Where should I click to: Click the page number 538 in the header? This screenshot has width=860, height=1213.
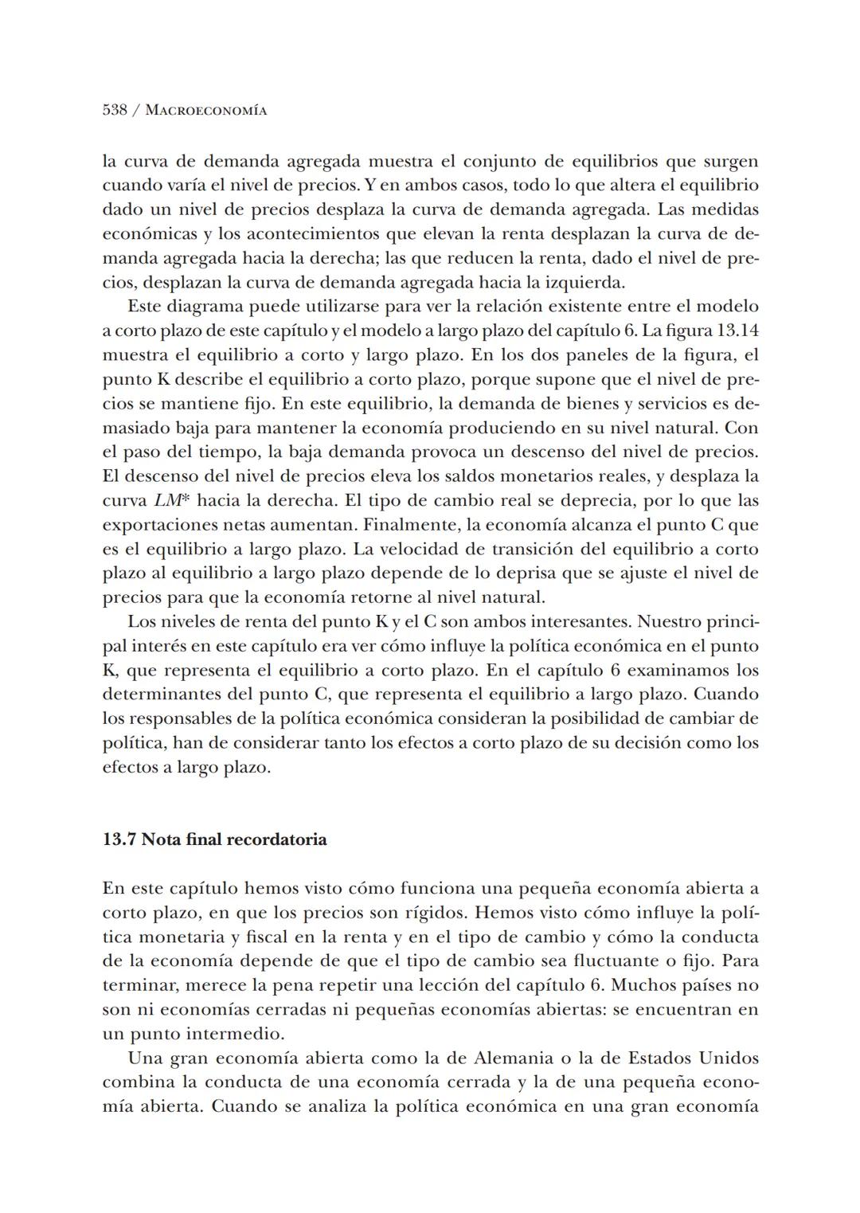[x=115, y=110]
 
